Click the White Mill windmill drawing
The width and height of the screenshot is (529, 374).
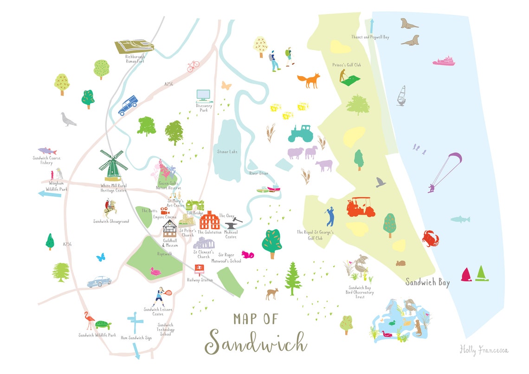(111, 165)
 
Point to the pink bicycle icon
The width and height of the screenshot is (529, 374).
(193, 67)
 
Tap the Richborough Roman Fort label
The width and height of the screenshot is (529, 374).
(135, 58)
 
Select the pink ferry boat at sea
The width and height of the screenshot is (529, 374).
(444, 61)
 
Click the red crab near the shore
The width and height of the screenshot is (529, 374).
(430, 239)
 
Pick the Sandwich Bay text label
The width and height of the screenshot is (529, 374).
(427, 282)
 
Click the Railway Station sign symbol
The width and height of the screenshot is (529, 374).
(200, 269)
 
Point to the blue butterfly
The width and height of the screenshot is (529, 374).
(101, 257)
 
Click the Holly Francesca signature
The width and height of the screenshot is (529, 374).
(484, 349)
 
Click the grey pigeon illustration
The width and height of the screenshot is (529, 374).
(69, 120)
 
